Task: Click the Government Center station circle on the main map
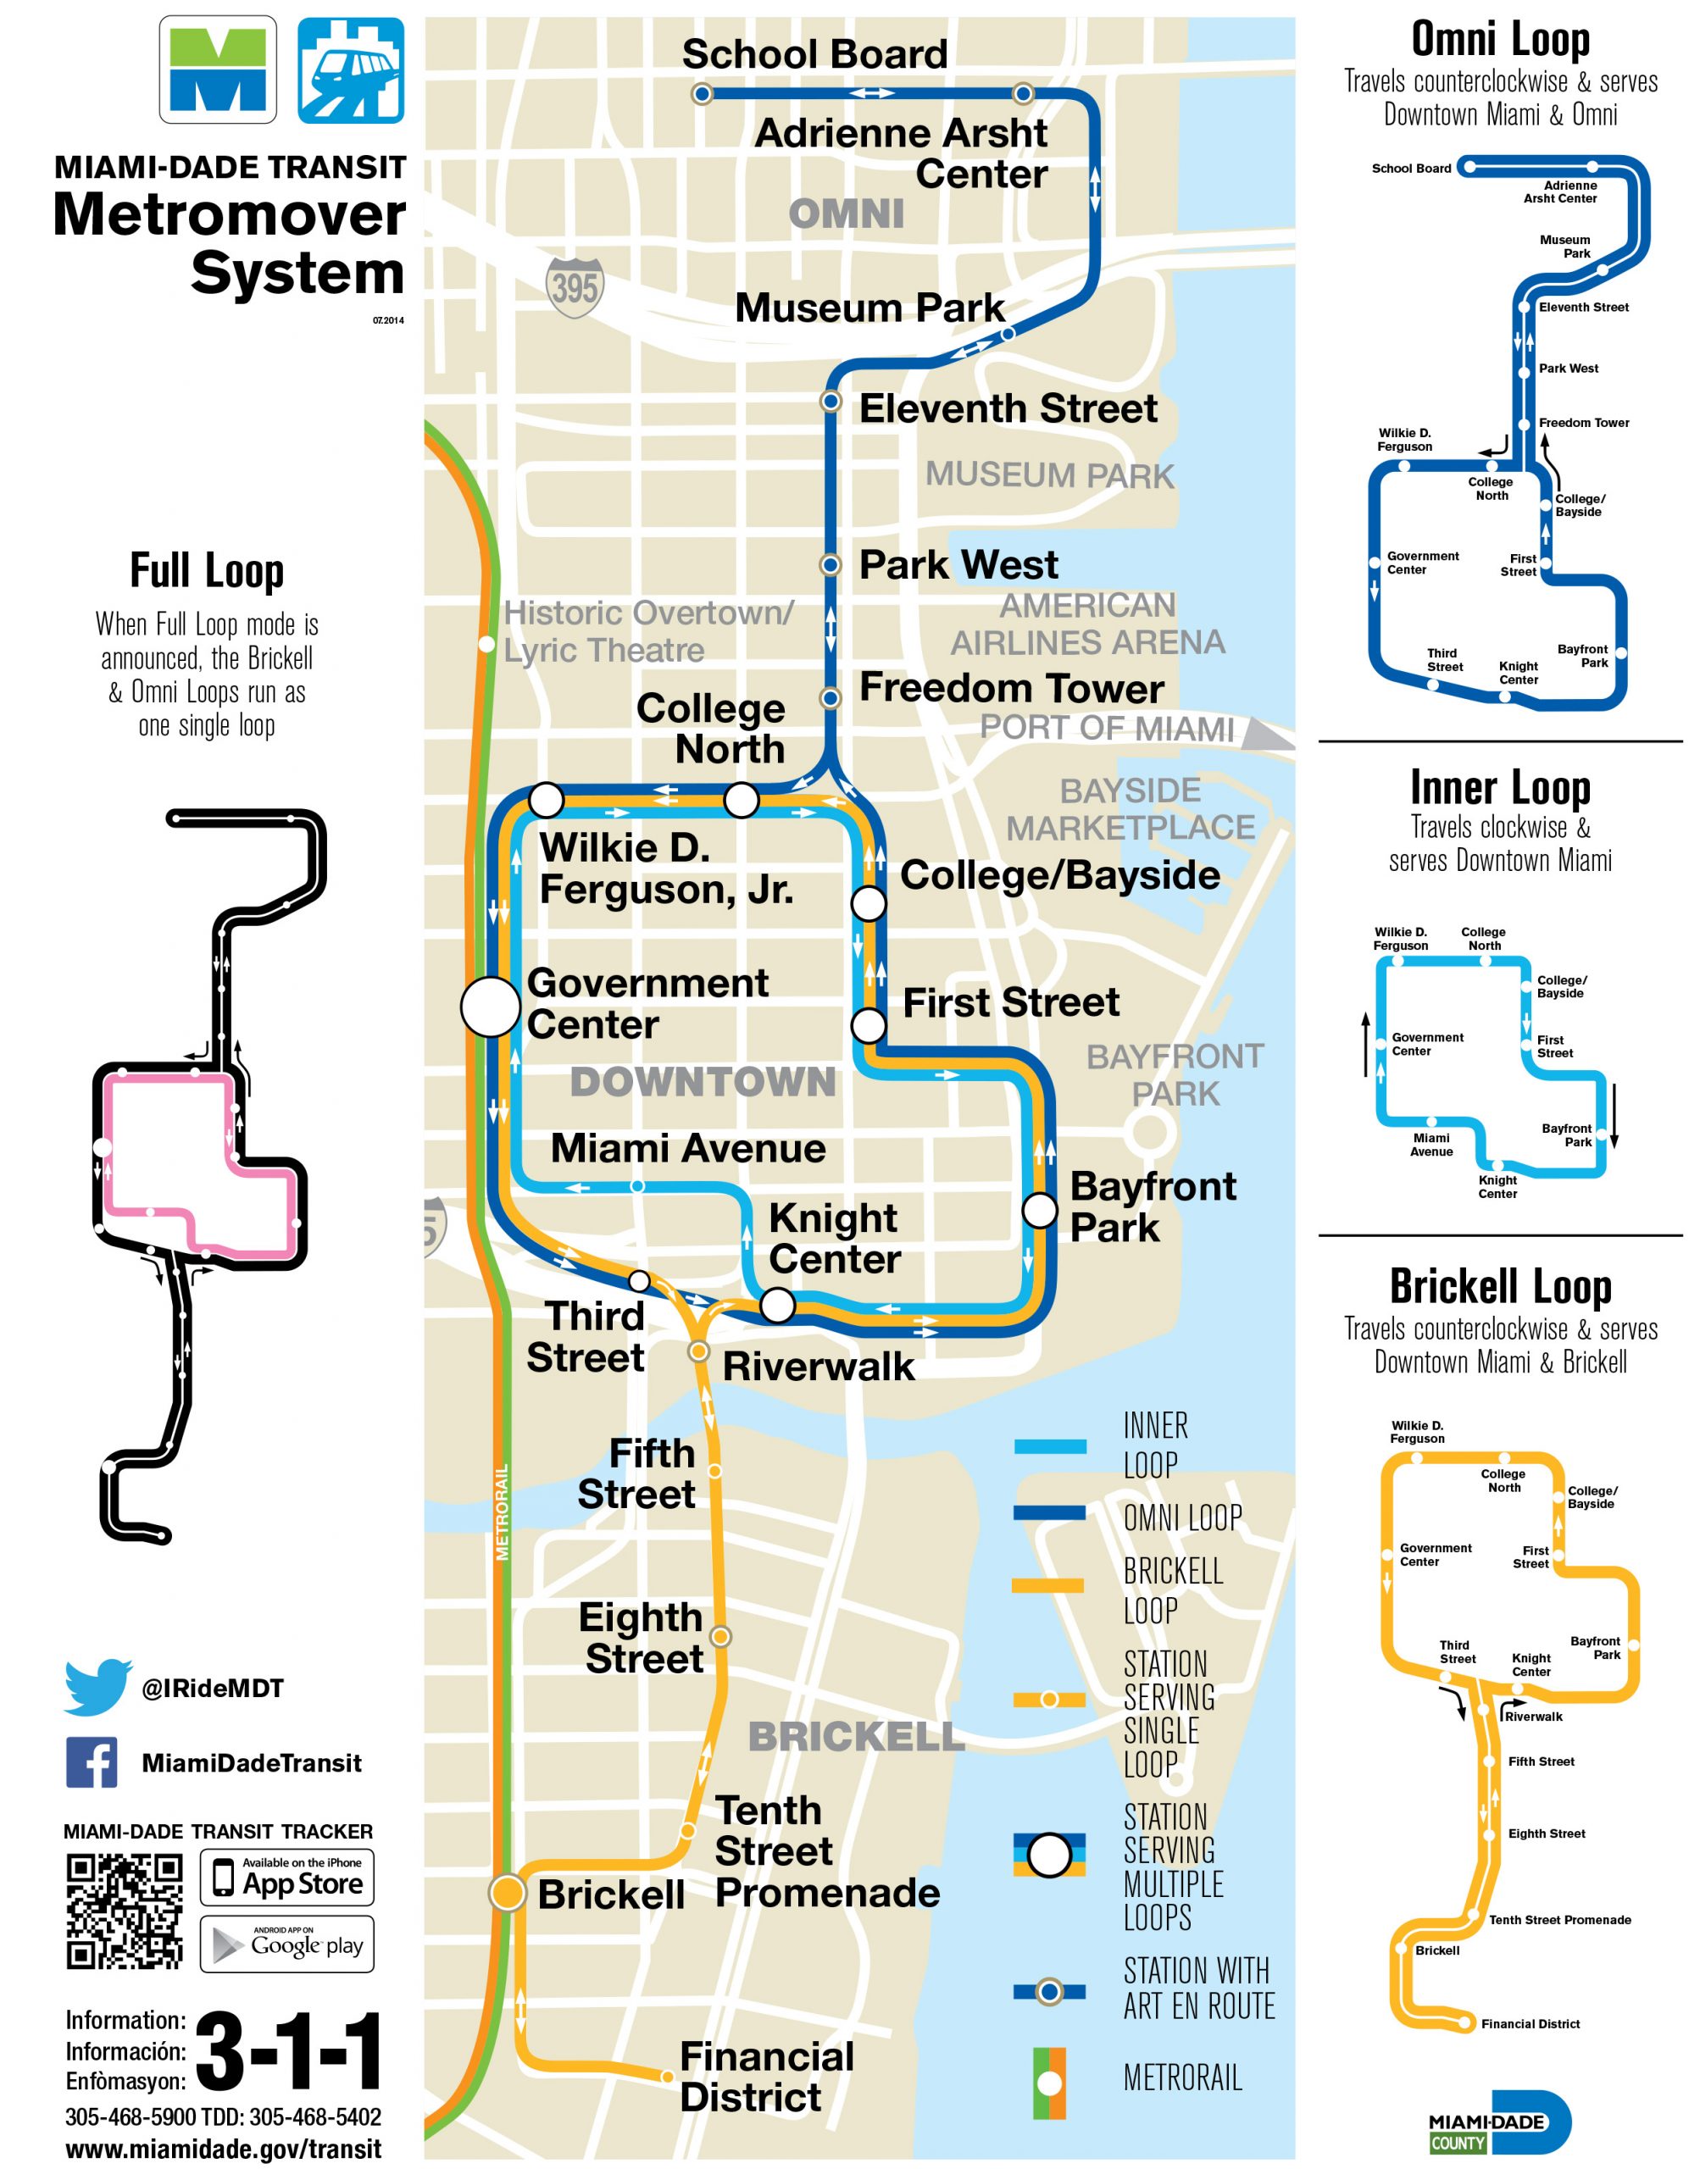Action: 490,1006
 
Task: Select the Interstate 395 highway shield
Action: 575,286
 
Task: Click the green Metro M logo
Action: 218,69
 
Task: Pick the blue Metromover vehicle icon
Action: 352,69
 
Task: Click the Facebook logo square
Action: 92,1762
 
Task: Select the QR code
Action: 125,1911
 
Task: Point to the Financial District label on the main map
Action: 765,2076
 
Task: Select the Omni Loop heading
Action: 1500,40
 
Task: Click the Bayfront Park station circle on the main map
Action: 1039,1209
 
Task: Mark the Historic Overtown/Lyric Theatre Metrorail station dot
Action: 486,644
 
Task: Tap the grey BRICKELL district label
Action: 856,1736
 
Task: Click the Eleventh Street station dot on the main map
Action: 831,401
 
